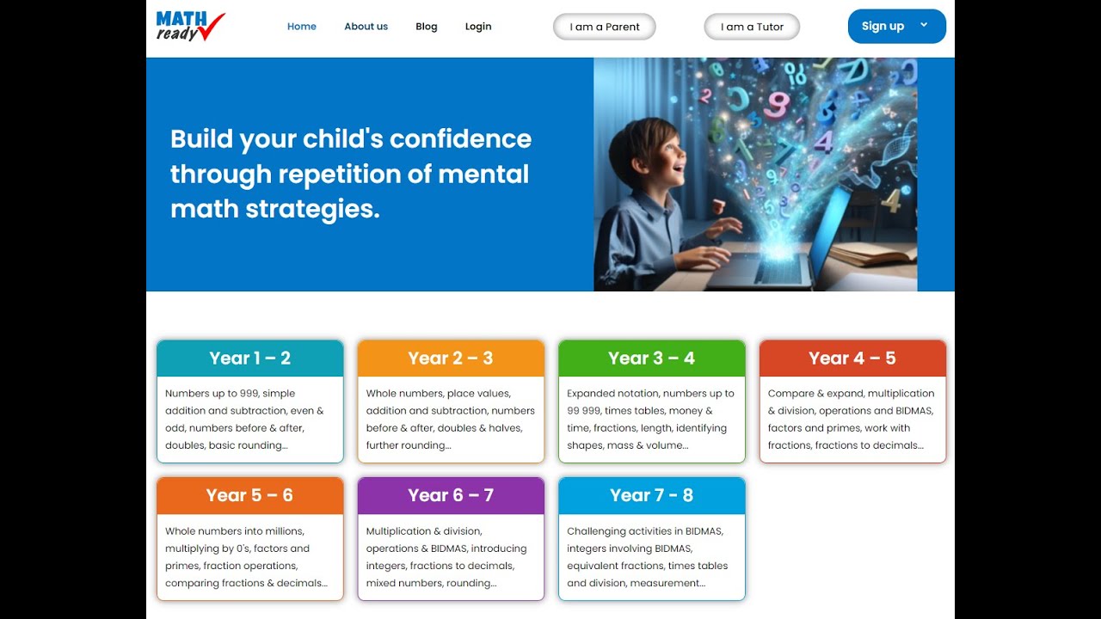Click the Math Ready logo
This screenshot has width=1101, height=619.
(x=190, y=27)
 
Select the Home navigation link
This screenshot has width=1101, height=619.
(x=302, y=27)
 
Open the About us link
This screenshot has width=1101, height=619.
(x=366, y=27)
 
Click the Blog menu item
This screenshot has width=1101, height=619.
(x=427, y=27)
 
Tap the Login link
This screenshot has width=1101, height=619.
(x=478, y=27)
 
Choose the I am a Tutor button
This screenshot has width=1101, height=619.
(x=752, y=27)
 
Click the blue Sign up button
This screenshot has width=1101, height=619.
(x=883, y=27)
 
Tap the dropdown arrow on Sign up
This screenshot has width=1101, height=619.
(x=924, y=25)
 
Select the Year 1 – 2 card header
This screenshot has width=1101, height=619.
(x=250, y=359)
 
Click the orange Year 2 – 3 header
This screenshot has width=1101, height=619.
(x=451, y=359)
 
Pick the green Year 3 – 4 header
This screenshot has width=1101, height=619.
(x=651, y=359)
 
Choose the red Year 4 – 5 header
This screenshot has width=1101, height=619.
(x=852, y=359)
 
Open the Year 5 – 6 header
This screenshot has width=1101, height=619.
(x=250, y=496)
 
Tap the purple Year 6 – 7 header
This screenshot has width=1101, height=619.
(x=451, y=496)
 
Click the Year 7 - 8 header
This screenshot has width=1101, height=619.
(x=651, y=496)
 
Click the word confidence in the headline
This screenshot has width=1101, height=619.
(x=460, y=139)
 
